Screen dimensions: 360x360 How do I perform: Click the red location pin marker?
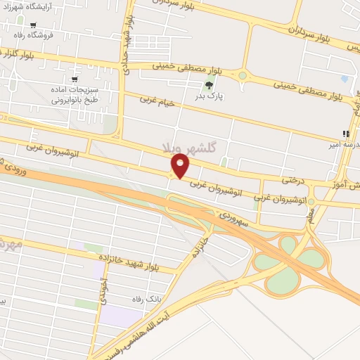[x=181, y=165]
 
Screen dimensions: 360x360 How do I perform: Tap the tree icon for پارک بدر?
[x=208, y=86]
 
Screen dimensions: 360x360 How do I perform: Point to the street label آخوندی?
[x=103, y=296]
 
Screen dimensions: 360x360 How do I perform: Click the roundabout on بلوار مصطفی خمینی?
[x=243, y=75]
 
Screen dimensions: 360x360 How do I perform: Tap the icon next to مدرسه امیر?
[x=345, y=133]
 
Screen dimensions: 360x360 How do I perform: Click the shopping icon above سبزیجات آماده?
[x=75, y=79]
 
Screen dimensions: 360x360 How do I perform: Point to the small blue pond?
[x=344, y=79]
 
